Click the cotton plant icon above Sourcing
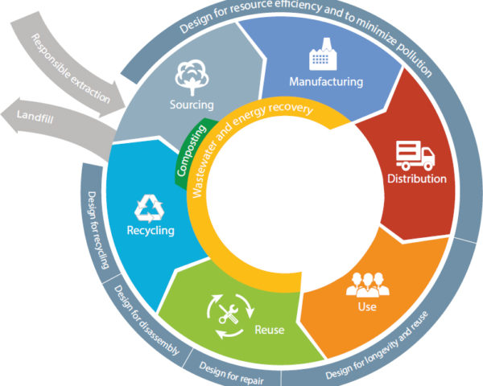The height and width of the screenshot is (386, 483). click(192, 77)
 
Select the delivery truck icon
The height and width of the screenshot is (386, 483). click(415, 155)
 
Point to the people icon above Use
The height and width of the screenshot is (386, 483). click(368, 285)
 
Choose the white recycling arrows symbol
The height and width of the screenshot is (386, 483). click(149, 208)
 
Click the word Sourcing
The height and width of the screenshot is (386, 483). click(192, 105)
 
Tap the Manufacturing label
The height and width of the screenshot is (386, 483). click(326, 82)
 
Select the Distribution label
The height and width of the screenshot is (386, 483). click(417, 179)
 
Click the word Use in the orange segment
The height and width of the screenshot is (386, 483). click(367, 306)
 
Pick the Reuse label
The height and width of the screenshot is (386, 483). click(269, 330)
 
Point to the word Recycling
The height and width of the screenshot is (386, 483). click(151, 231)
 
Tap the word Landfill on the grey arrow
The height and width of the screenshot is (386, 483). click(35, 117)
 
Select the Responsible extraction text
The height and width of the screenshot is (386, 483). click(70, 68)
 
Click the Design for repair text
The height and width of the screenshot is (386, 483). click(232, 373)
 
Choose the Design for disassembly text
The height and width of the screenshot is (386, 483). click(147, 320)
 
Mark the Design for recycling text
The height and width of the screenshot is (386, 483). click(98, 230)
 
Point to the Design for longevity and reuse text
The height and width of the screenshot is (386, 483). click(377, 346)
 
